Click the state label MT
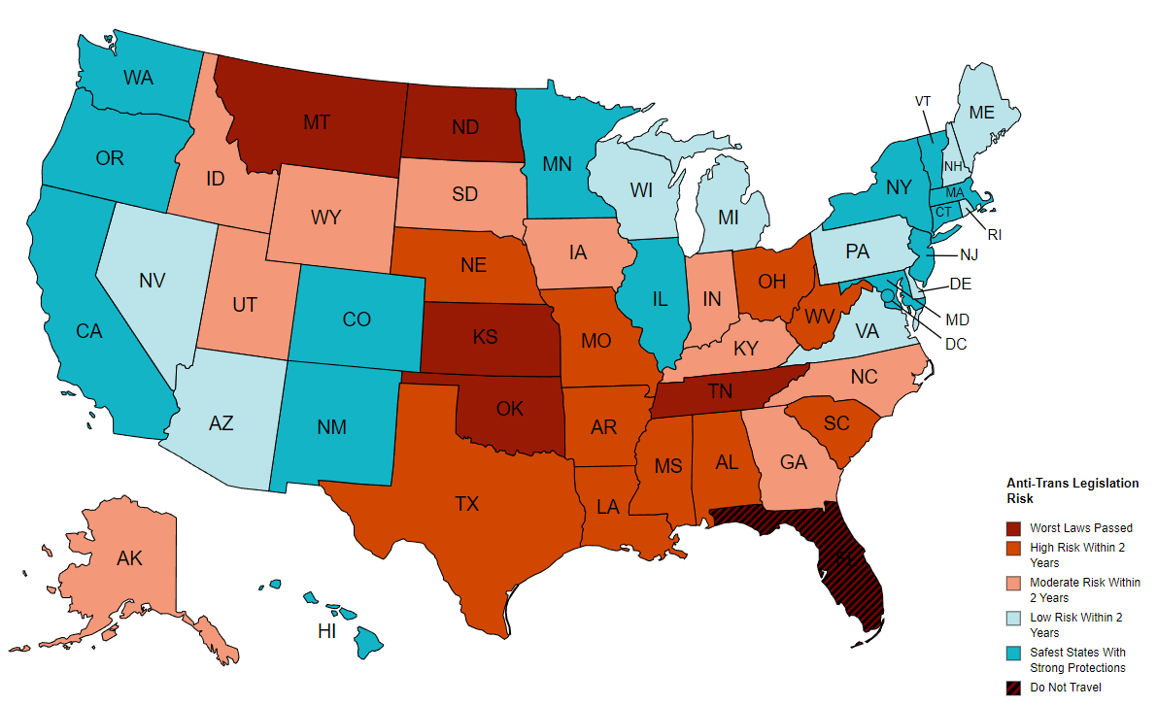point(316,122)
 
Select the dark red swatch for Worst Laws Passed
point(1013,528)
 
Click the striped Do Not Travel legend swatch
point(1013,688)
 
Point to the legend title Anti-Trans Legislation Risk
point(1072,489)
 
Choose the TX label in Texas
point(467,503)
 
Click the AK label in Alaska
point(129,557)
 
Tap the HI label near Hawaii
point(327,631)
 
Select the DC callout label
point(955,344)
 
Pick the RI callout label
point(995,234)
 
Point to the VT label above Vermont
point(923,101)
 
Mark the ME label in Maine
point(982,113)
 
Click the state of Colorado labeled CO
point(357,319)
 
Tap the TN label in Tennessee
point(720,392)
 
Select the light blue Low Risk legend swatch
point(1013,618)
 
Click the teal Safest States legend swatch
point(1013,653)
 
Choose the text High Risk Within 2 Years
point(1084,555)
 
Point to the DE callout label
point(960,285)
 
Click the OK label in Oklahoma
point(509,409)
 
